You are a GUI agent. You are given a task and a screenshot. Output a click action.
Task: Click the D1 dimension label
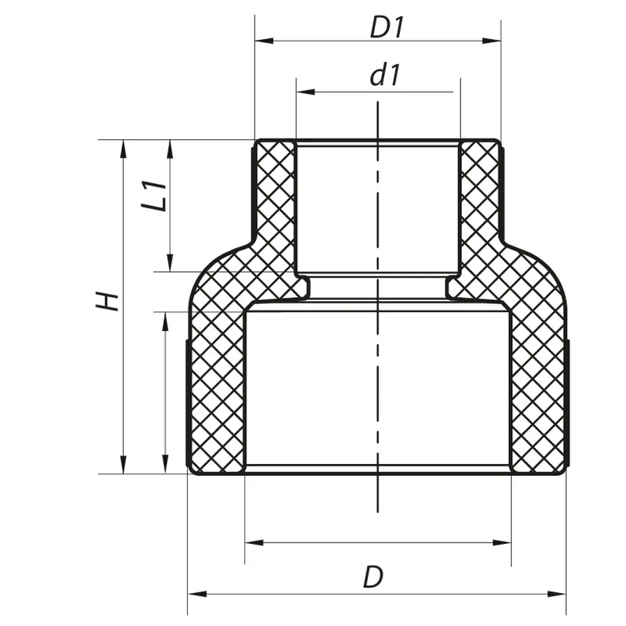click(x=387, y=28)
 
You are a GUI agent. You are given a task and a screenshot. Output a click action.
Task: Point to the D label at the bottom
click(x=373, y=577)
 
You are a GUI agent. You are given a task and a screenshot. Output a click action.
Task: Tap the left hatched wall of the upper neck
click(x=275, y=195)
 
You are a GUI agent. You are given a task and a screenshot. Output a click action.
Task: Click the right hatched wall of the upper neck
click(x=479, y=195)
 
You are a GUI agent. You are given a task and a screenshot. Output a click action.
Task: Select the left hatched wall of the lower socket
click(x=216, y=390)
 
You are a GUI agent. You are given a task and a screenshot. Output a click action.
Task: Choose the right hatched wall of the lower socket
click(x=538, y=390)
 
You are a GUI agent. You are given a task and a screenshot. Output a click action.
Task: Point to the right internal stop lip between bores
click(x=453, y=287)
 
